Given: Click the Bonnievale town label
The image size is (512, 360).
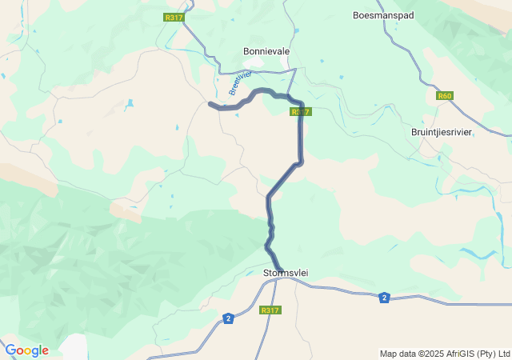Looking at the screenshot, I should (x=266, y=51).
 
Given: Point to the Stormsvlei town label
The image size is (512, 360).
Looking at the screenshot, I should (x=286, y=274).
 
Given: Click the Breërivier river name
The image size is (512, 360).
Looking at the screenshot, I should (x=239, y=83).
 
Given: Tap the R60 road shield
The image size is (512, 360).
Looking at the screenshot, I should (x=445, y=96).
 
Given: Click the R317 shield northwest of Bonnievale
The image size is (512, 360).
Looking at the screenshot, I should (x=173, y=18).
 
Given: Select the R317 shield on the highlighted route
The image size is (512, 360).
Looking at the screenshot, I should (x=300, y=112).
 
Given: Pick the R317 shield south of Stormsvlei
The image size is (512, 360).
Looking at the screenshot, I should (x=270, y=310).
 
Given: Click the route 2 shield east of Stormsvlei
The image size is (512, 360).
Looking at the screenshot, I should (x=385, y=298).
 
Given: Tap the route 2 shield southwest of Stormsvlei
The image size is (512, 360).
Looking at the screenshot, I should (x=229, y=318).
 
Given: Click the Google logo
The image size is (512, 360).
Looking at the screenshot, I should (x=26, y=350).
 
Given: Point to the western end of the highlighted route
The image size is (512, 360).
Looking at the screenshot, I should (x=210, y=104).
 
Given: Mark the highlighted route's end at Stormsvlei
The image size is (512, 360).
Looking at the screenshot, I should (x=281, y=270).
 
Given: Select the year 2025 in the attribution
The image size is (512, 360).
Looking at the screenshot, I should (x=430, y=354).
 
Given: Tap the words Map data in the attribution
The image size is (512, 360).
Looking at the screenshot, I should (x=398, y=354).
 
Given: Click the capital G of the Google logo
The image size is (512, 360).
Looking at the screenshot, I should (x=10, y=350).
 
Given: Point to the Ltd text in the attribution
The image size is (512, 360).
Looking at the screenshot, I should (x=503, y=354).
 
